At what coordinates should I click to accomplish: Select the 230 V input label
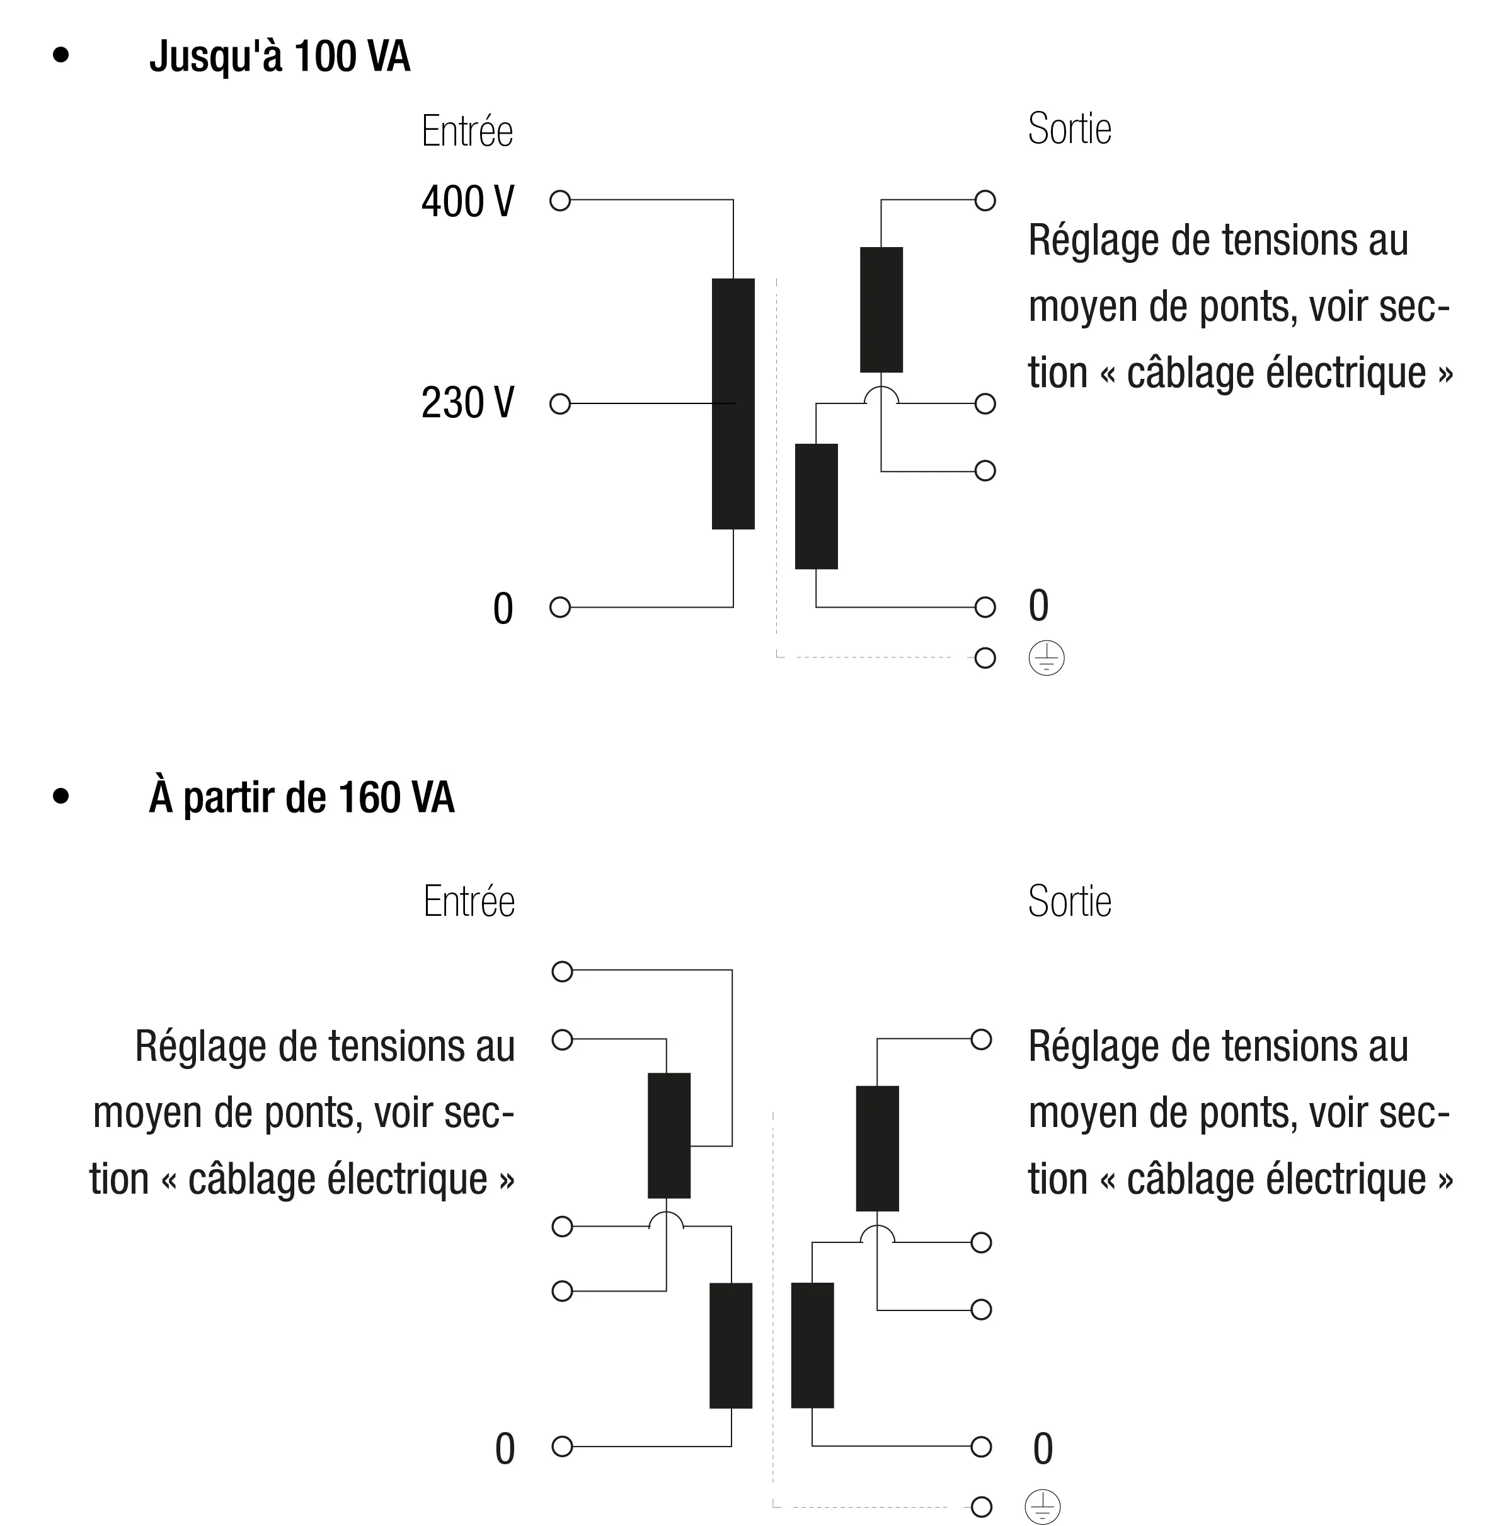(x=468, y=402)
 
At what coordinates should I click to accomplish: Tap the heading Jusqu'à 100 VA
(x=280, y=56)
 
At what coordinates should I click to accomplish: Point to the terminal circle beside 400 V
(x=560, y=200)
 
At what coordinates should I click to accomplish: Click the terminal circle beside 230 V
(x=560, y=403)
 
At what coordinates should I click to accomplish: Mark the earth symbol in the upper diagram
(x=1047, y=658)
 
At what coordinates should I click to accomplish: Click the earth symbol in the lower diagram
(x=1042, y=1506)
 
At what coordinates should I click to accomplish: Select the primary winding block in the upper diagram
(x=733, y=403)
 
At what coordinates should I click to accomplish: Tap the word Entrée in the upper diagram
(x=468, y=131)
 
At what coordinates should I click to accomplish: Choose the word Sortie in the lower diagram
(x=1069, y=901)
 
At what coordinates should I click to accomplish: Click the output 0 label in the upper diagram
(x=1038, y=606)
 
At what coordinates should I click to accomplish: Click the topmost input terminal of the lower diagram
(x=562, y=971)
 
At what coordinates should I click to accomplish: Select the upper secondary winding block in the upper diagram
(x=881, y=309)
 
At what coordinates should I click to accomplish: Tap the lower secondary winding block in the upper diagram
(x=816, y=506)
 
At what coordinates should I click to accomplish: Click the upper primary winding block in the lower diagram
(x=669, y=1135)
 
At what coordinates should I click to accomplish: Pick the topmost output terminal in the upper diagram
(x=985, y=200)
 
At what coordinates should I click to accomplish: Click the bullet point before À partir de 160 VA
(x=61, y=796)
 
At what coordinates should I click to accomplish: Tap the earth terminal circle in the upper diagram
(x=985, y=658)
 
